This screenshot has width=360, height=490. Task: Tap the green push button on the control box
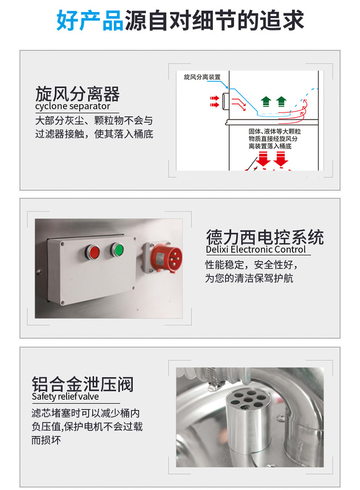point(117,250)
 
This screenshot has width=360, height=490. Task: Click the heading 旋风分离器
point(77,94)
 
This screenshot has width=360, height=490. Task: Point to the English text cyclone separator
point(72,106)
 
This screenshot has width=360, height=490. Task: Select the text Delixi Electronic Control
point(256,250)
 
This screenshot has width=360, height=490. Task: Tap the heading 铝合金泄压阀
point(82,384)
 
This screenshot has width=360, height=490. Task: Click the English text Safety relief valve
point(65,397)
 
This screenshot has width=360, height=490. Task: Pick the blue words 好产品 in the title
point(90,20)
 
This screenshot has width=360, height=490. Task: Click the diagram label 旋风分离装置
point(202,77)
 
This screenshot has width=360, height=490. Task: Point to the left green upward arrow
point(266,102)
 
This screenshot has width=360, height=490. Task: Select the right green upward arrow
point(281,102)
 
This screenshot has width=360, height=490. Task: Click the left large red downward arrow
point(264,159)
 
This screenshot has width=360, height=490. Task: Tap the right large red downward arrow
point(281,159)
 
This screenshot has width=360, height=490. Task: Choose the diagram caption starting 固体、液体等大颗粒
point(274,139)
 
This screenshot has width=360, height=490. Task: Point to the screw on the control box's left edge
point(39,272)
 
